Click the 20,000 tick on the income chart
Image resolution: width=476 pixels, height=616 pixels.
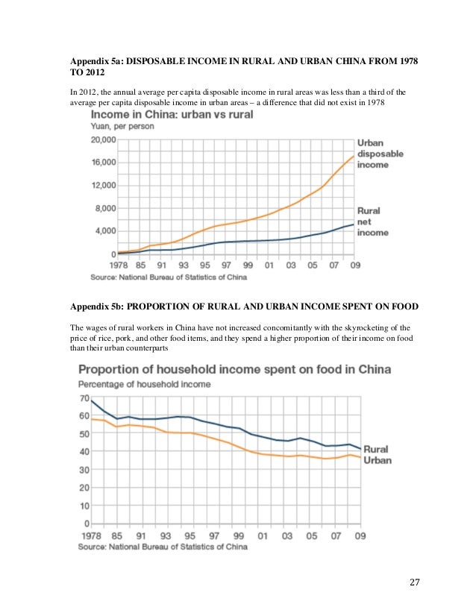pos(104,139)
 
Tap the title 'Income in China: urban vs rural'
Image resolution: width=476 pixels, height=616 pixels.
pos(172,115)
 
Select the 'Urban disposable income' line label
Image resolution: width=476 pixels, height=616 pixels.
pos(380,154)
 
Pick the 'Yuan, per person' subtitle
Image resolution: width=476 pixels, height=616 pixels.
pos(122,127)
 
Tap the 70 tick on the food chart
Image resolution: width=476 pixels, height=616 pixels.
pos(84,397)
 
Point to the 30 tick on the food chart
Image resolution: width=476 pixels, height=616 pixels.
pos(84,469)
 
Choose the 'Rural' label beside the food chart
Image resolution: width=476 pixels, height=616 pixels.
pos(378,450)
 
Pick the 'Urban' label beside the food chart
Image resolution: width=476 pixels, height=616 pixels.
pos(378,460)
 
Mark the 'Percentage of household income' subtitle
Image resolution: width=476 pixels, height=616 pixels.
pos(145,384)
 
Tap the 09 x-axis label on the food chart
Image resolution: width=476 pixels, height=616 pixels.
pos(359,535)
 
